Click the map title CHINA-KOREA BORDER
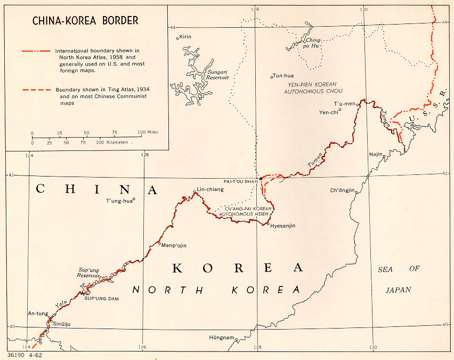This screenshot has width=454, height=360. pos(85,21)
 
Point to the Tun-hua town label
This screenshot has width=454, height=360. pos(283,76)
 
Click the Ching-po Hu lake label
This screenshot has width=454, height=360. pos(313,43)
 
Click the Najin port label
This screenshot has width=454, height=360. pos(376,155)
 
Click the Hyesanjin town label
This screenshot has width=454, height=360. pos(283,226)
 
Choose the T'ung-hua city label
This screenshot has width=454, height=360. pos(119,201)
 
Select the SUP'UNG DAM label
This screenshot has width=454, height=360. pos(101,298)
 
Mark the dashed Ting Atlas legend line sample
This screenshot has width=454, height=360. pos(36,90)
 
